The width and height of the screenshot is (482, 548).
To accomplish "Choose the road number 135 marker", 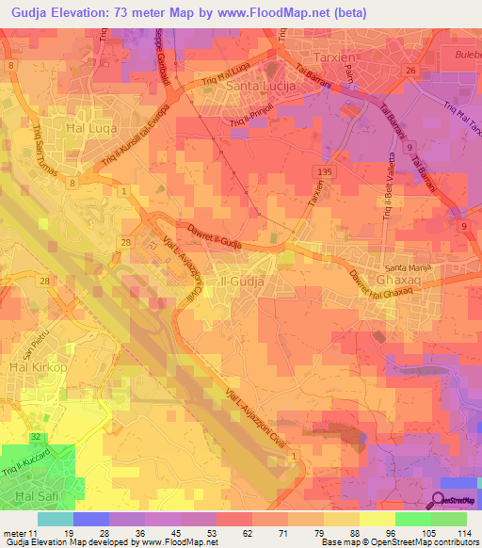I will tap(326, 171).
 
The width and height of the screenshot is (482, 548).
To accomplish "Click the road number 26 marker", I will tap(410, 71).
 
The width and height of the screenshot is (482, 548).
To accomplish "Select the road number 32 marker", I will tap(35, 437).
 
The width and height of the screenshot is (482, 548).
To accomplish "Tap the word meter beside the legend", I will tap(15, 533).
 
